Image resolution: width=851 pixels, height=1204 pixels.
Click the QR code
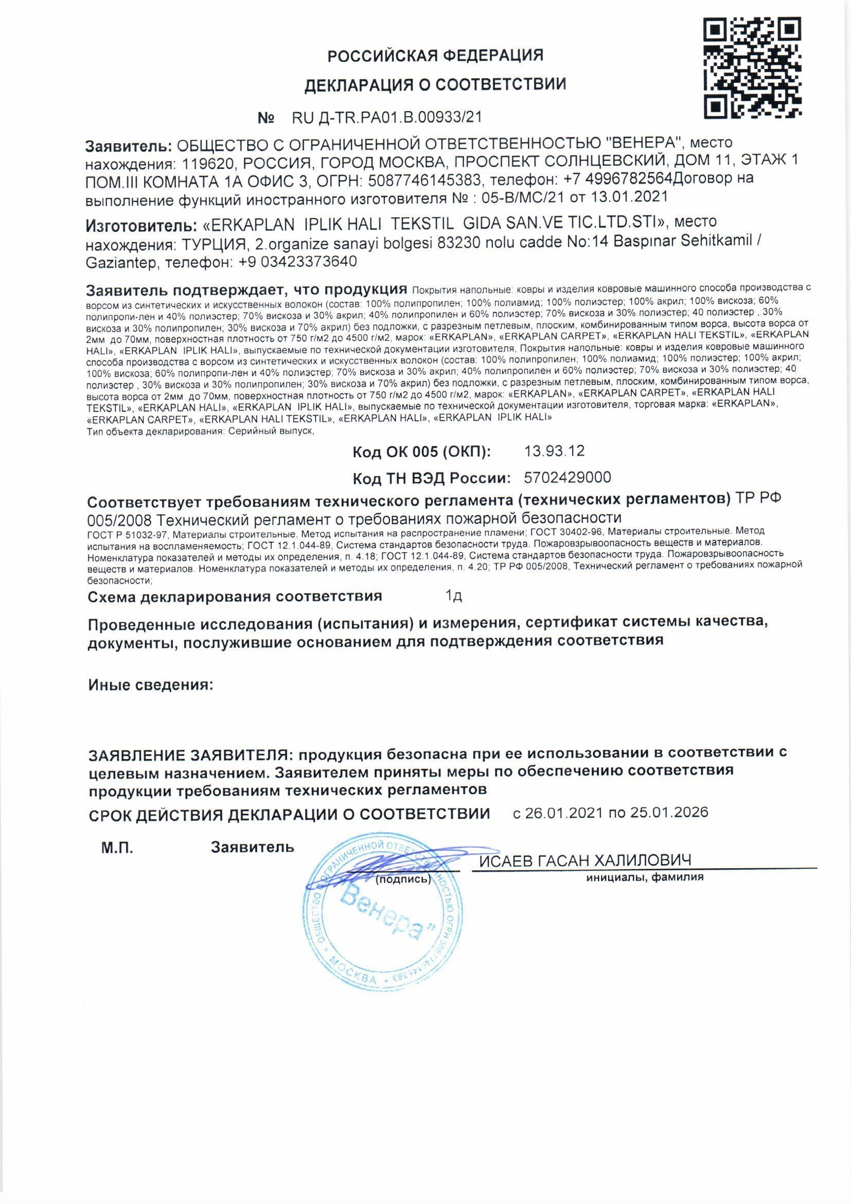(x=753, y=67)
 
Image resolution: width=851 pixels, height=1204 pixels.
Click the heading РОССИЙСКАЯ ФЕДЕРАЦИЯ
(x=435, y=55)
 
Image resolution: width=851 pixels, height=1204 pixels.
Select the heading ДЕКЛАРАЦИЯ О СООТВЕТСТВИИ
(x=435, y=84)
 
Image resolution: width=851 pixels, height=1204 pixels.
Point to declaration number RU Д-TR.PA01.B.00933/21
(x=386, y=117)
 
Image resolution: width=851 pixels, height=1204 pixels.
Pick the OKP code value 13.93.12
(x=555, y=451)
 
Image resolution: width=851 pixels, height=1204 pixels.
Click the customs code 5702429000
(x=568, y=477)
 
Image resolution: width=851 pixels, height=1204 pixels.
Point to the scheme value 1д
(x=453, y=596)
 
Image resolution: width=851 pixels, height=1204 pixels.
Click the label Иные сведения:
(x=151, y=685)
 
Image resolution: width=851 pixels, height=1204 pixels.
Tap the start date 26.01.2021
(x=565, y=812)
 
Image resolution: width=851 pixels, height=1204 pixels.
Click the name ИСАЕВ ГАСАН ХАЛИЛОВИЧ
(x=586, y=861)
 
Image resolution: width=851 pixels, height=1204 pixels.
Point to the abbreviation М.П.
(x=117, y=848)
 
